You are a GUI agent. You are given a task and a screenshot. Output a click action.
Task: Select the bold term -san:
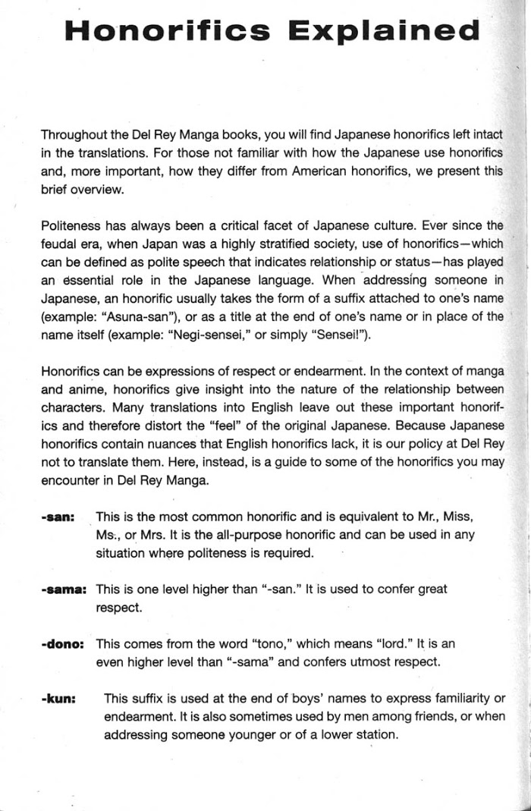(x=58, y=517)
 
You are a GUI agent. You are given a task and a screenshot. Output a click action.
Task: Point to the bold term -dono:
(x=64, y=644)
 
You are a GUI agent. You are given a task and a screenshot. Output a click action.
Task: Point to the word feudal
(x=58, y=244)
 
